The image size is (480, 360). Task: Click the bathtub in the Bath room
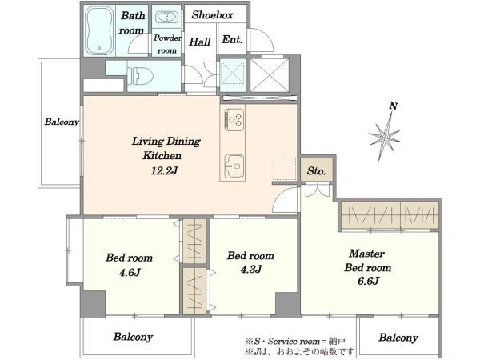(x=98, y=31)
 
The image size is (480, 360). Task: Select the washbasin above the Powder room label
(x=166, y=17)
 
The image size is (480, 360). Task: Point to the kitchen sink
(x=234, y=166)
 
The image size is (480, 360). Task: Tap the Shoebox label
(x=213, y=15)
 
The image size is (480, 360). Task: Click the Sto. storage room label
(x=316, y=171)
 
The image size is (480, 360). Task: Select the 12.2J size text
(x=164, y=170)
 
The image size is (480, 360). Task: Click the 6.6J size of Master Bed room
(x=368, y=281)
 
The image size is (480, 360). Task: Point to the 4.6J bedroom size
(x=130, y=272)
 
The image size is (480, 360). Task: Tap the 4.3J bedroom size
(x=250, y=269)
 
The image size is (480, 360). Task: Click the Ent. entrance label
(x=232, y=39)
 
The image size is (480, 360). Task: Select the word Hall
(x=199, y=42)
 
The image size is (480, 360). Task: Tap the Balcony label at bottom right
(x=398, y=338)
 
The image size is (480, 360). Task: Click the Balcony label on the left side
(x=62, y=122)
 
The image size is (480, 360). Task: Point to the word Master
(x=366, y=254)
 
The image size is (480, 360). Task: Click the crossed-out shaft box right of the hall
(x=270, y=75)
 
